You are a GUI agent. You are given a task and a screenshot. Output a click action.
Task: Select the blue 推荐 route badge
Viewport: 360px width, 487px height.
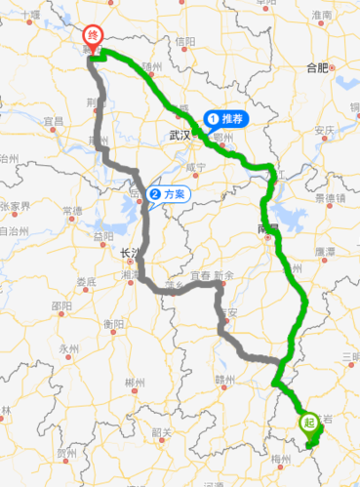(226, 119)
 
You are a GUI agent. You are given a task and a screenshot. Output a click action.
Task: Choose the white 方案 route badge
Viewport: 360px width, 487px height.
(168, 193)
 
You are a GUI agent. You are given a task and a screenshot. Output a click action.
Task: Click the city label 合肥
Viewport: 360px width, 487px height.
(317, 67)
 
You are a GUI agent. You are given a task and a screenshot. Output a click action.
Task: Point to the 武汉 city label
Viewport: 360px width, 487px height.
(178, 135)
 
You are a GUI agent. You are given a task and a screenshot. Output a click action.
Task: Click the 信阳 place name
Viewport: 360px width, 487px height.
(184, 42)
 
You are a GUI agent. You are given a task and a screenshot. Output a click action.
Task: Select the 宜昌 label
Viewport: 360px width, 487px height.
(54, 121)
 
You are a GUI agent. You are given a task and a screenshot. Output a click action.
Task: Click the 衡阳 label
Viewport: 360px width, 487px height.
(112, 323)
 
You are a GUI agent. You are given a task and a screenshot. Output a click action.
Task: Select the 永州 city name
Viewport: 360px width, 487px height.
(67, 348)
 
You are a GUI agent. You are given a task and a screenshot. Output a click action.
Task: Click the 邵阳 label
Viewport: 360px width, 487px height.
(60, 304)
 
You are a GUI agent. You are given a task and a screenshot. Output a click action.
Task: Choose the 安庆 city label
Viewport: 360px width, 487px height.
(325, 130)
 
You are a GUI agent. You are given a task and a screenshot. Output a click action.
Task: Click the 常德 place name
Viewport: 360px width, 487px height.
(71, 211)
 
